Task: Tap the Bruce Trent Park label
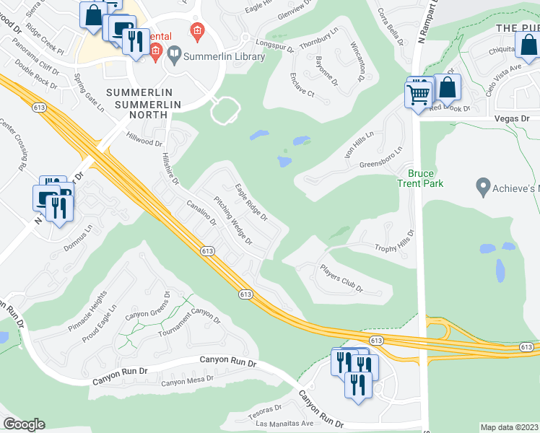[425, 178]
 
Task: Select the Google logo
[24, 424]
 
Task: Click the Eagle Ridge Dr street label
[251, 202]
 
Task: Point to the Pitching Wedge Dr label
[233, 221]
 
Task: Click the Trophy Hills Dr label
[394, 244]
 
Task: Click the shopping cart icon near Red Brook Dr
[418, 94]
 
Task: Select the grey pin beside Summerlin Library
[174, 54]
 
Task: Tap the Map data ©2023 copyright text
[509, 427]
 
